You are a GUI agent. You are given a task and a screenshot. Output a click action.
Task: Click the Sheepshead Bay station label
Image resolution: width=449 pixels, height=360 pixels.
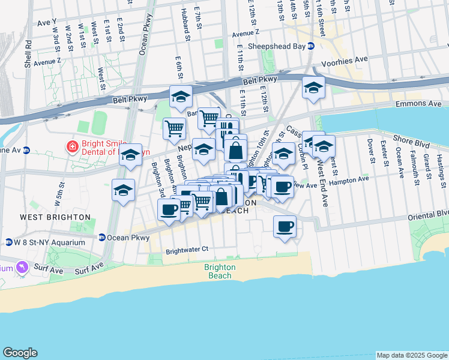point(276,46)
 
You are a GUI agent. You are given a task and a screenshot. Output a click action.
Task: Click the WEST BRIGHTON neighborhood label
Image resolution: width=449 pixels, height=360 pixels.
point(55,217)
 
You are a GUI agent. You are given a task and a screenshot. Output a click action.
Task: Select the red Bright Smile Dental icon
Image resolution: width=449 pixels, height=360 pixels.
point(71,146)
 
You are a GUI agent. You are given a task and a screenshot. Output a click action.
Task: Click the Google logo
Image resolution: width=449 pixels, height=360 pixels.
point(20,352)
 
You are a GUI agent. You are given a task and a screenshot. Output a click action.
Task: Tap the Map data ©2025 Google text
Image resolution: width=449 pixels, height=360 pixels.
point(412,355)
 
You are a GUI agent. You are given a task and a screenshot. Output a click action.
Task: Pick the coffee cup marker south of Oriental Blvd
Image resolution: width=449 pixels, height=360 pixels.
point(285,227)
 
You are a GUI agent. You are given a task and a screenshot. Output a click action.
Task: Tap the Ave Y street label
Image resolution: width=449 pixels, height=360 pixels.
point(46,22)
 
